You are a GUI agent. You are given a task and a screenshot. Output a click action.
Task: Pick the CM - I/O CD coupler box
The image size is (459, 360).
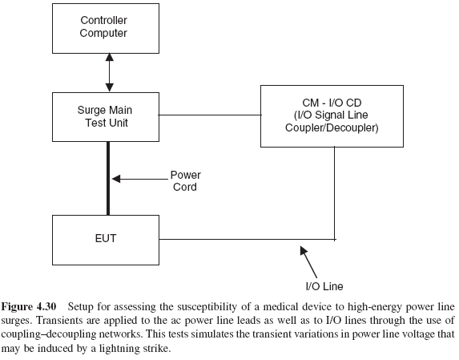click(334, 117)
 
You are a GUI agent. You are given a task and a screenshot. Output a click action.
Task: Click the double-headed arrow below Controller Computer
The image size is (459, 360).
click(107, 72)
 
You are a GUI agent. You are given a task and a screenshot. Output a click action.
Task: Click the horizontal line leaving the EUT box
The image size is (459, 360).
click(240, 238)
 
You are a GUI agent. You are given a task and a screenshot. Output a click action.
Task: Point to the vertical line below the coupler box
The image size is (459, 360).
click(334, 192)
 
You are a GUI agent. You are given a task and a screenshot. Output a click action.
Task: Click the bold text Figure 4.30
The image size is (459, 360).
click(33, 306)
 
